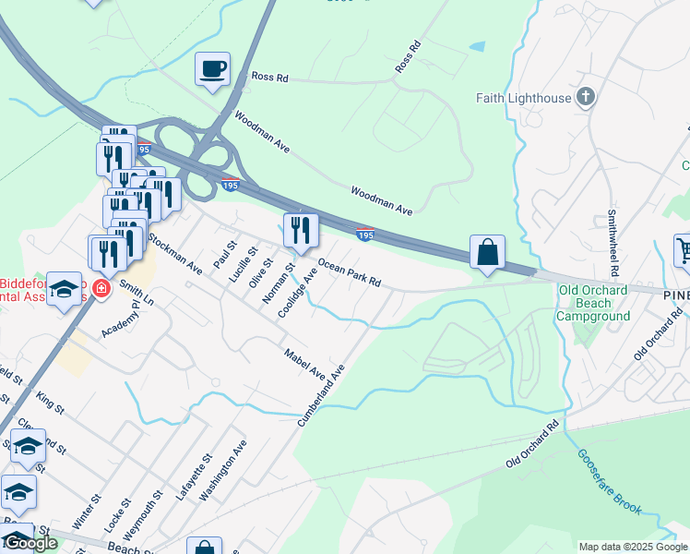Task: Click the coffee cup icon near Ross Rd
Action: (212, 69)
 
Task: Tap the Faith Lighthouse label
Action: (524, 98)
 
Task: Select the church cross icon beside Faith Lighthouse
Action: (585, 97)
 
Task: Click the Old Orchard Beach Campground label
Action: (593, 303)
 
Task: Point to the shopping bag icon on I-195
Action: (487, 251)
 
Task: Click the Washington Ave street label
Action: (223, 470)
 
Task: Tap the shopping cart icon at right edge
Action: (684, 249)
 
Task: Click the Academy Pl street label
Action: (121, 318)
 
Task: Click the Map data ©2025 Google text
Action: (631, 547)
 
